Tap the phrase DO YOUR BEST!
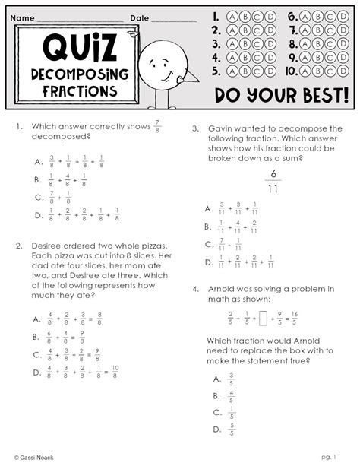point(281,97)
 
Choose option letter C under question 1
point(37,198)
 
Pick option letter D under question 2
point(37,372)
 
